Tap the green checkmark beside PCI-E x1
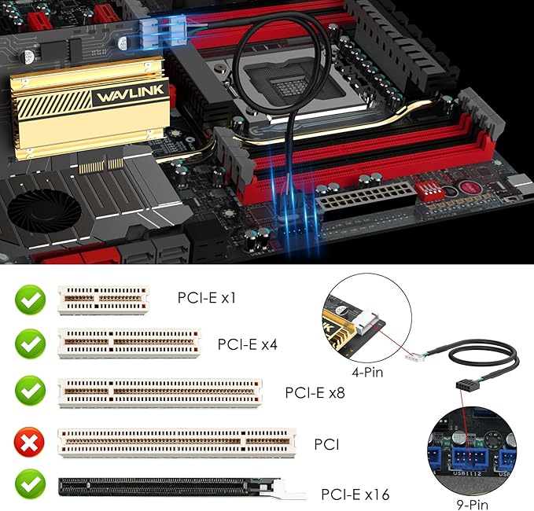(30, 300)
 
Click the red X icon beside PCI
(30, 445)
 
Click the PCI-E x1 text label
(207, 299)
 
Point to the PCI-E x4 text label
(248, 344)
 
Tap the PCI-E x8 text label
(315, 392)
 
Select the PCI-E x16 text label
(355, 494)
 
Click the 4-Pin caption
(367, 372)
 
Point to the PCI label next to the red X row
(326, 445)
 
